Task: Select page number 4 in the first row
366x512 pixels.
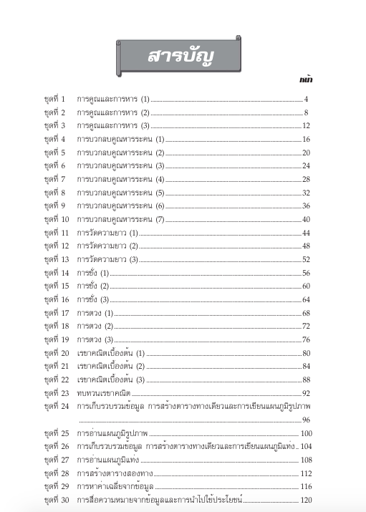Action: coord(305,99)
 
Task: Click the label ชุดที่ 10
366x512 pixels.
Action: coord(55,219)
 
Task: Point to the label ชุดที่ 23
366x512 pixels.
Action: coord(55,393)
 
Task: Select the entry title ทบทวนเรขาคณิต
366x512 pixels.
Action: coord(104,393)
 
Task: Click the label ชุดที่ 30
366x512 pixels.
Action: coord(55,499)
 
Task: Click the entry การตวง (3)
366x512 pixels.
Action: coord(95,339)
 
